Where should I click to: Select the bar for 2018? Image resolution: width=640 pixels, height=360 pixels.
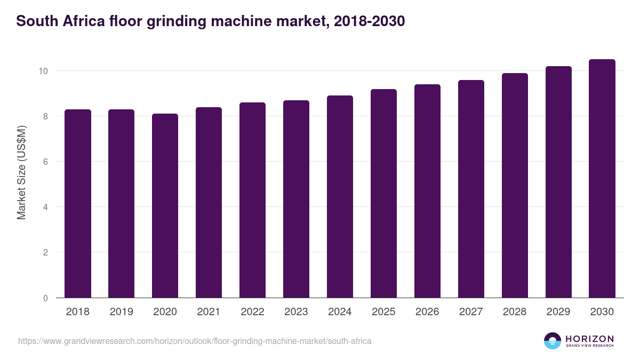(x=78, y=204)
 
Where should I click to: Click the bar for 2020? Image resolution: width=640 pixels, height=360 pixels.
(x=165, y=206)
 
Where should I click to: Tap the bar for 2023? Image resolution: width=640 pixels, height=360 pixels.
(x=296, y=199)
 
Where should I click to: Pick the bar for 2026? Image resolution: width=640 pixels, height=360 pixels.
(x=427, y=191)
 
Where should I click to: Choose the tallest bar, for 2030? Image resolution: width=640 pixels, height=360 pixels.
(x=602, y=179)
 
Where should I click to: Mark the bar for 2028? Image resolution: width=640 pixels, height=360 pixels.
(x=515, y=186)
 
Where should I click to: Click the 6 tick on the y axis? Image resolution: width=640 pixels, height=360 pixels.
(x=46, y=162)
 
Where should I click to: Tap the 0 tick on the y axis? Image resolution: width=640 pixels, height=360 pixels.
(x=46, y=298)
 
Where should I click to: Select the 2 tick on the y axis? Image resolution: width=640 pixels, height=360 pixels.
(x=46, y=252)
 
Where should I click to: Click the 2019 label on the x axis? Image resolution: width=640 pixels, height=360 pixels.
(x=122, y=312)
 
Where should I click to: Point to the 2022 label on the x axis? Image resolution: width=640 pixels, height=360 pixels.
(x=252, y=312)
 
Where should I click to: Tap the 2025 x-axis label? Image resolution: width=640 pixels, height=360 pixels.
(x=383, y=312)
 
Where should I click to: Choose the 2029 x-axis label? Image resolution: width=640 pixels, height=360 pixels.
(x=558, y=312)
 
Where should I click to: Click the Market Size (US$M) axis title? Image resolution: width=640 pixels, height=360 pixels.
(x=21, y=172)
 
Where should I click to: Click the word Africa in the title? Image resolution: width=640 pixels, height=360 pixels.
(x=84, y=21)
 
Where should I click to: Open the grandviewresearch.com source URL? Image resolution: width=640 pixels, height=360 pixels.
(x=195, y=341)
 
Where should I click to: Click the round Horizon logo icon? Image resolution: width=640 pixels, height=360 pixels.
(x=553, y=341)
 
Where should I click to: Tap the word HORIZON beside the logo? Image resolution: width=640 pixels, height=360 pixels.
(x=589, y=339)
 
